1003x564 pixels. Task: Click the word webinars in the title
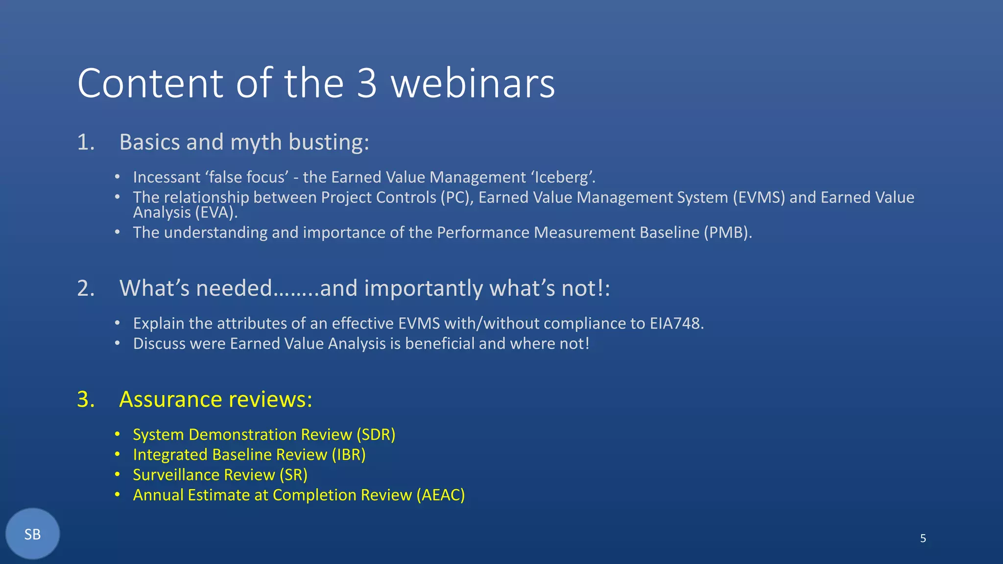[x=473, y=83]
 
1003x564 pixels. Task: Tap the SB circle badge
[x=32, y=534]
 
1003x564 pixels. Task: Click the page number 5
[x=923, y=539]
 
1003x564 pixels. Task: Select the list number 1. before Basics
[x=86, y=142]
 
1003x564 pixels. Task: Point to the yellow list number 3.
[x=86, y=399]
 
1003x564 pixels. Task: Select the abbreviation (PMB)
[x=727, y=233]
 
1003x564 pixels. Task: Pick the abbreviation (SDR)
[x=376, y=435]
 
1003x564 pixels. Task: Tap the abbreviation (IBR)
[x=348, y=455]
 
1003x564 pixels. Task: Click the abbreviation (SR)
[x=293, y=475]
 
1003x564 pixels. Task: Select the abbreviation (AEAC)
[x=440, y=495]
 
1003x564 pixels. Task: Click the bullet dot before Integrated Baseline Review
[x=117, y=455]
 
